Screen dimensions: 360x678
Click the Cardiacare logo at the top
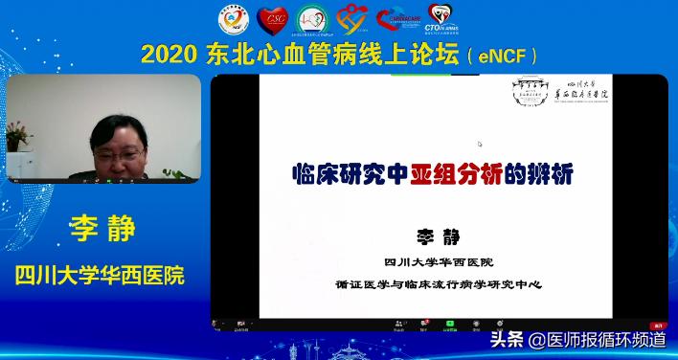[398, 18]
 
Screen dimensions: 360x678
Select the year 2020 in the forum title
[169, 54]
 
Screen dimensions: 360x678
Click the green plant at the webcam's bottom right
[177, 173]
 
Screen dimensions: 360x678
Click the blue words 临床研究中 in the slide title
[350, 174]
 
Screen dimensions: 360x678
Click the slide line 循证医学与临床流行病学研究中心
[441, 284]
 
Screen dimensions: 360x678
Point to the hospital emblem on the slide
[530, 92]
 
